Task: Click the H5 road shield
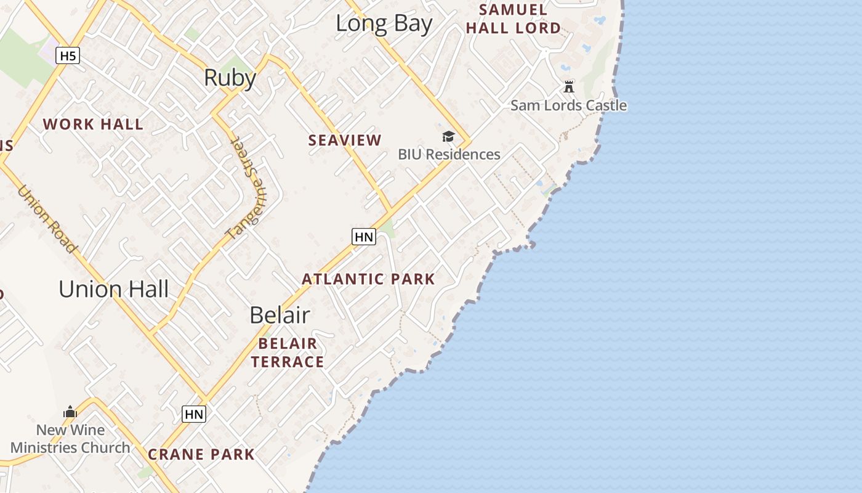(x=68, y=56)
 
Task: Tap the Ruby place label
(x=230, y=78)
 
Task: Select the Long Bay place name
(x=384, y=24)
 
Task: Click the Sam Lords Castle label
(x=568, y=105)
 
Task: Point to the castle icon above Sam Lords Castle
(x=569, y=86)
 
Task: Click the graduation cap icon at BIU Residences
(x=448, y=136)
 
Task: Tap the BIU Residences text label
(x=449, y=154)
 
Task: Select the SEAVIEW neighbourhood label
(x=345, y=141)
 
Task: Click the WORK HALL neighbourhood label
(x=93, y=124)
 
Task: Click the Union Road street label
(x=47, y=219)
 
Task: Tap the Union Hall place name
(x=114, y=289)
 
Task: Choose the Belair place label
(x=280, y=316)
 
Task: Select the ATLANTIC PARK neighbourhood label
(x=368, y=279)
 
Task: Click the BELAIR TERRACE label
(x=288, y=352)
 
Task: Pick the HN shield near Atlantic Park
(x=364, y=237)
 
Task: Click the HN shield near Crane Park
(x=194, y=415)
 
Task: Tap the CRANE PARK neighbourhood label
(x=201, y=455)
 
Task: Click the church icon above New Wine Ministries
(x=70, y=412)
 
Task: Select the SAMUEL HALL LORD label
(x=514, y=19)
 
